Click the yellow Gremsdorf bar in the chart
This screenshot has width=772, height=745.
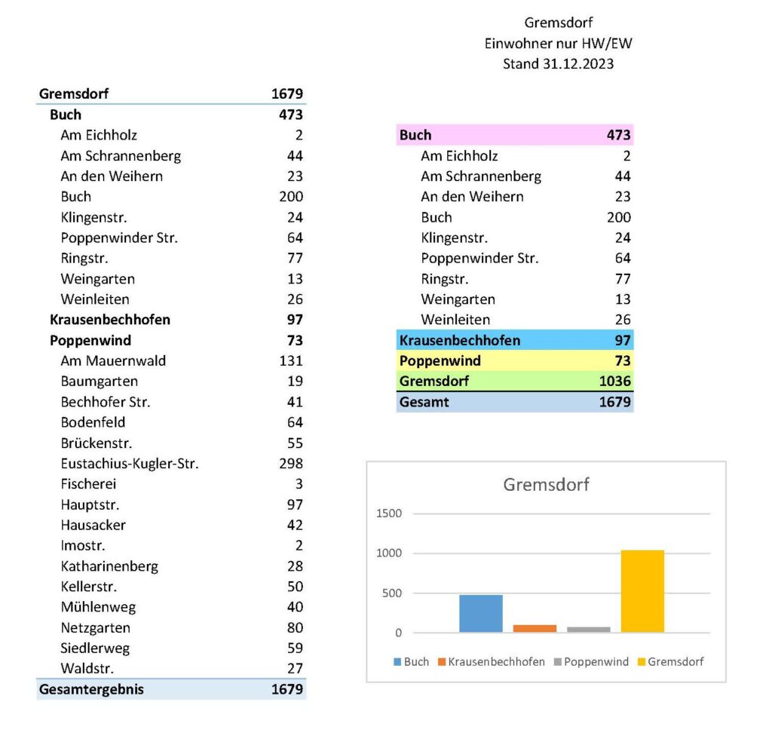[642, 591]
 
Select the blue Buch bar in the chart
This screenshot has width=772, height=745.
[480, 613]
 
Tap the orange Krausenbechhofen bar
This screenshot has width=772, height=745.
[535, 628]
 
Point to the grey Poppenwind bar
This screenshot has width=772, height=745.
[588, 629]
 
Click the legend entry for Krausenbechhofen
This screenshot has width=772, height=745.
[496, 662]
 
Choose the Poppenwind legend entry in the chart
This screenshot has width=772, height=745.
[596, 662]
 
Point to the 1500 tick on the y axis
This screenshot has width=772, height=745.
[389, 514]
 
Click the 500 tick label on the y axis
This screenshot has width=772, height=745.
[392, 593]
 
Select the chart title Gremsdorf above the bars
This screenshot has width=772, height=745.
[546, 485]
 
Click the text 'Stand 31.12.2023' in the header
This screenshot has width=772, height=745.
[558, 64]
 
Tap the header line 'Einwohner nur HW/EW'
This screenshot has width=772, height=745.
[558, 44]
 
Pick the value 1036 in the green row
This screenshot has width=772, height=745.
[615, 382]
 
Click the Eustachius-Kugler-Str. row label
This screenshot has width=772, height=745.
[130, 464]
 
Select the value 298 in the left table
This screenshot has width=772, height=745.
[291, 464]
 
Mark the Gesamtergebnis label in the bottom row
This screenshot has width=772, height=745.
[91, 689]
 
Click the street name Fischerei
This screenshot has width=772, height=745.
[88, 484]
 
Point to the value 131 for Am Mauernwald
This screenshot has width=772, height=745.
[291, 361]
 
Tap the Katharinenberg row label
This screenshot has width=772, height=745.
[109, 566]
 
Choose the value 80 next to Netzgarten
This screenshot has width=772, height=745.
[295, 628]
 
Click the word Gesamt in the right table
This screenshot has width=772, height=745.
[424, 402]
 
